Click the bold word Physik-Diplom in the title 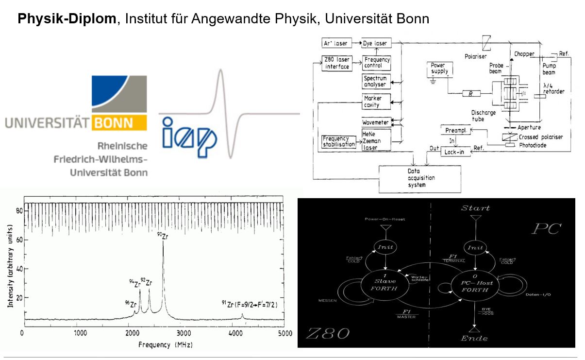tap(67, 18)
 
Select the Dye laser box tap(375, 43)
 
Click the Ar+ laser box tap(335, 43)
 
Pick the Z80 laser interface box tap(337, 63)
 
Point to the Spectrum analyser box tap(375, 81)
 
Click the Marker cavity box tap(375, 102)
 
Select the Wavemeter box tap(375, 121)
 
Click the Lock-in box tap(455, 152)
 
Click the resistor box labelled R tap(471, 93)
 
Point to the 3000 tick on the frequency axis tap(184, 333)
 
